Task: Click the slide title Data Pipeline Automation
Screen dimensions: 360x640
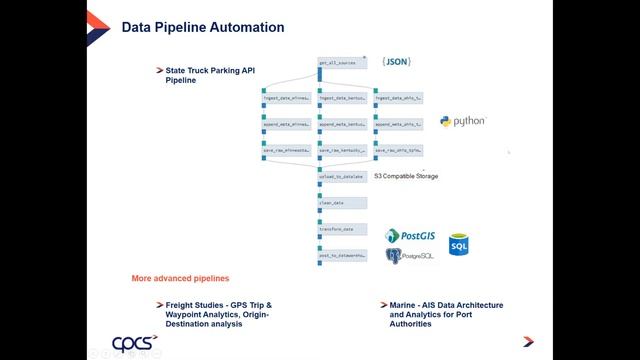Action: point(202,27)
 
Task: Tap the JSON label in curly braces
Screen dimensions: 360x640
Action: point(396,62)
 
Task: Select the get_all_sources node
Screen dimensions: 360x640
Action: point(337,63)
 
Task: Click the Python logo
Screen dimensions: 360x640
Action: point(462,121)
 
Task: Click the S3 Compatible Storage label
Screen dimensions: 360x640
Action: point(405,176)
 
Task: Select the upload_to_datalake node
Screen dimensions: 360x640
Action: point(340,176)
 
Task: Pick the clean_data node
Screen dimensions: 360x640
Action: point(337,203)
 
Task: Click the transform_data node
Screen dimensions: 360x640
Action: point(337,229)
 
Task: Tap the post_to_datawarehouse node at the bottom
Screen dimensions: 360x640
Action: point(340,256)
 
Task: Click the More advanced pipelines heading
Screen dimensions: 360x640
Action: point(181,277)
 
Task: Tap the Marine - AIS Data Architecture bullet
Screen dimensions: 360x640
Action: point(445,313)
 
